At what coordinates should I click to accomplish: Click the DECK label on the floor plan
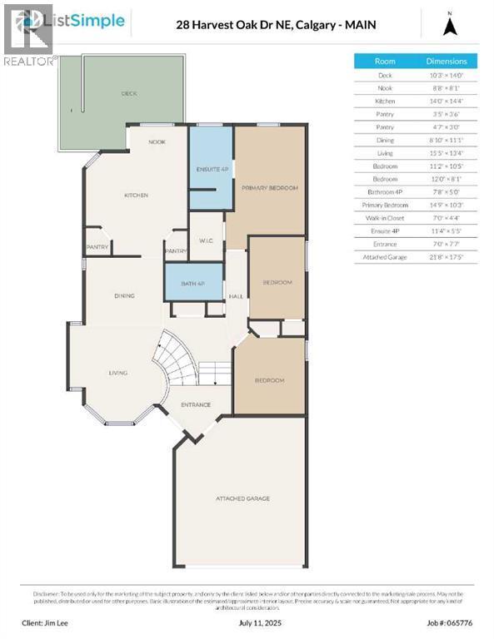tap(129, 94)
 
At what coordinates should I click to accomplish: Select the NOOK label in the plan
tap(157, 142)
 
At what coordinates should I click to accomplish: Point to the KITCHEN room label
tap(136, 196)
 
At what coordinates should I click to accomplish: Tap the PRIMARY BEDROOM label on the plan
tap(270, 189)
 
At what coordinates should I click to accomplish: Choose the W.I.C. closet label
tap(207, 241)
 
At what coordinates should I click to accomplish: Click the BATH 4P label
tap(193, 284)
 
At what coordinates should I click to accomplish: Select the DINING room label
tap(125, 295)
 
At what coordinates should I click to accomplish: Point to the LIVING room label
tap(117, 373)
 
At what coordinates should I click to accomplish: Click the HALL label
tap(236, 295)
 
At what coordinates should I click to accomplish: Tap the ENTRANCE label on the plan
tap(196, 405)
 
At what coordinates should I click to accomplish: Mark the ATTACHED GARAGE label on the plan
tap(242, 499)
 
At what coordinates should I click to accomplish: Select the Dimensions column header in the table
tap(447, 61)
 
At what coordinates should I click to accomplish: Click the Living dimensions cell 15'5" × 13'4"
tap(447, 153)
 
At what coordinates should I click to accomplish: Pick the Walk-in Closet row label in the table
tap(385, 217)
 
